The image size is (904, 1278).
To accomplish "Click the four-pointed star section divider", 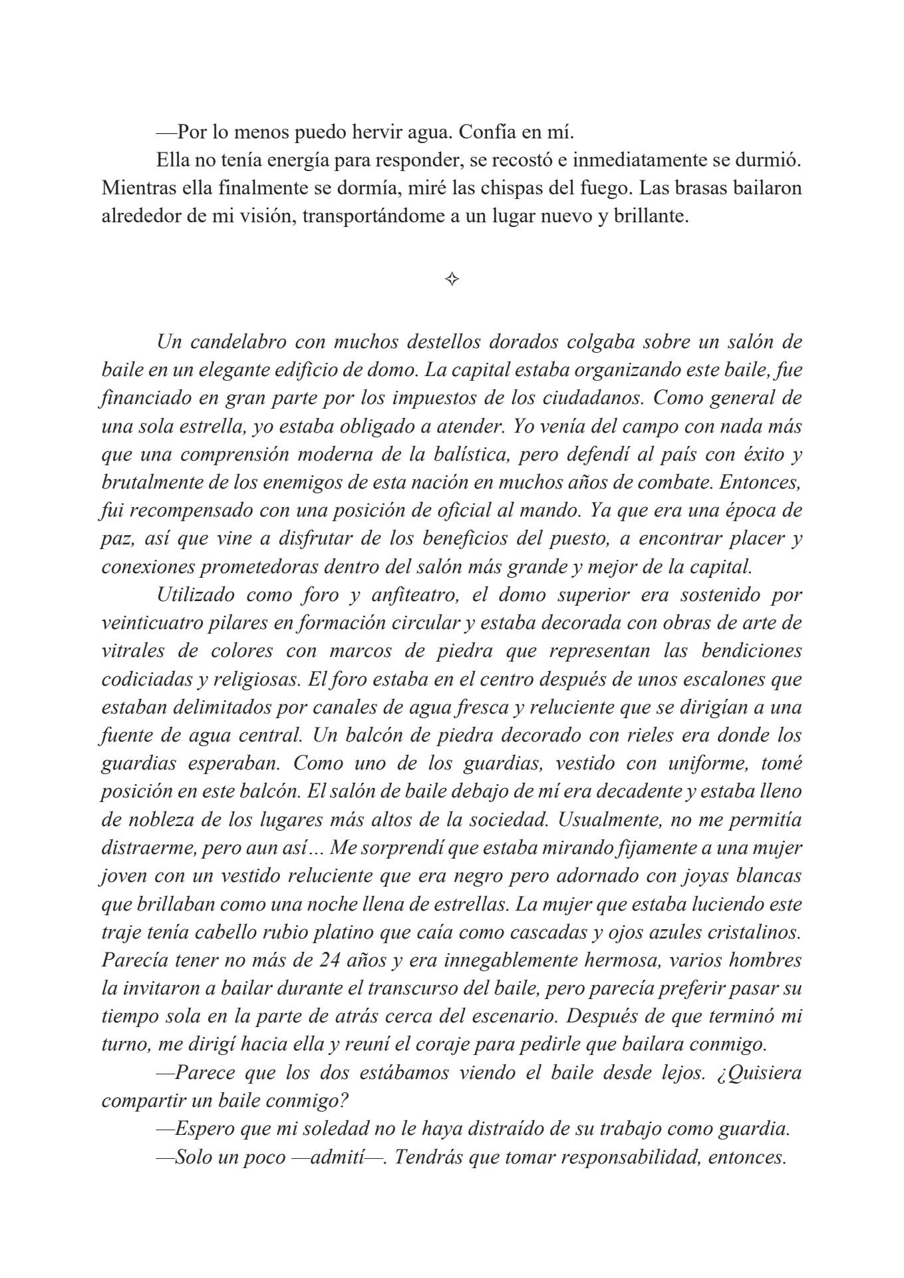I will [452, 280].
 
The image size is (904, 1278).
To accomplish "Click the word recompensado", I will [192, 511].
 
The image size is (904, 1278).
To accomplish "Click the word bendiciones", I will [752, 651].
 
